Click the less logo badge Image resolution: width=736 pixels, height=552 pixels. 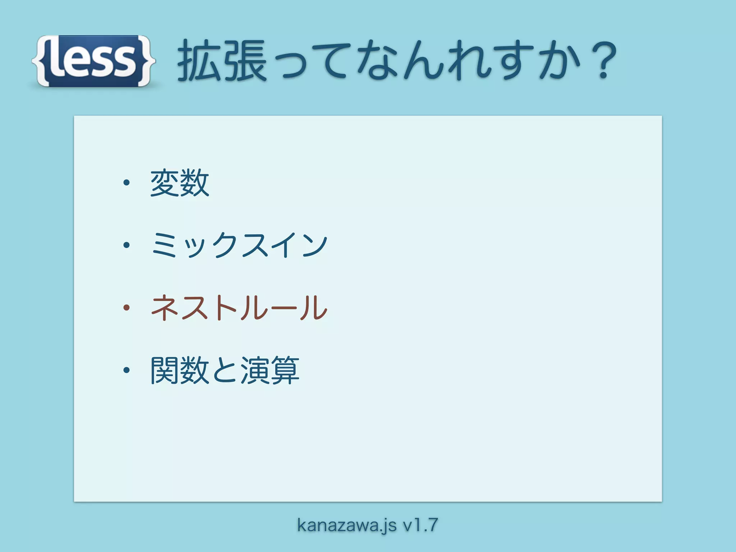(x=93, y=61)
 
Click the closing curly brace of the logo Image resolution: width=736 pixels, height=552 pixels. (x=147, y=61)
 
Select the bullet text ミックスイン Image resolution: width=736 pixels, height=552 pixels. (x=239, y=245)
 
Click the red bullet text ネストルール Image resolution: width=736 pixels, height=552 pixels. (x=239, y=308)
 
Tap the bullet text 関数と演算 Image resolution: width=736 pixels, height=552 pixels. (x=225, y=370)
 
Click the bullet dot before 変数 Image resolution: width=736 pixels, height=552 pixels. (x=126, y=183)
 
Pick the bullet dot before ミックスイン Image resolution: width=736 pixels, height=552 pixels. (x=126, y=245)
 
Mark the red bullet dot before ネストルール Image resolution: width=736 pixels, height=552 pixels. (x=126, y=308)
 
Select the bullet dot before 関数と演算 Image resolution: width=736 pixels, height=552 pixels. (x=126, y=370)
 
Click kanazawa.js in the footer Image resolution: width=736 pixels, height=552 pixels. (x=347, y=525)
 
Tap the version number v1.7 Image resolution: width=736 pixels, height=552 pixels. (x=420, y=525)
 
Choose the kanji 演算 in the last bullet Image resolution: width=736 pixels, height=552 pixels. (x=270, y=370)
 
